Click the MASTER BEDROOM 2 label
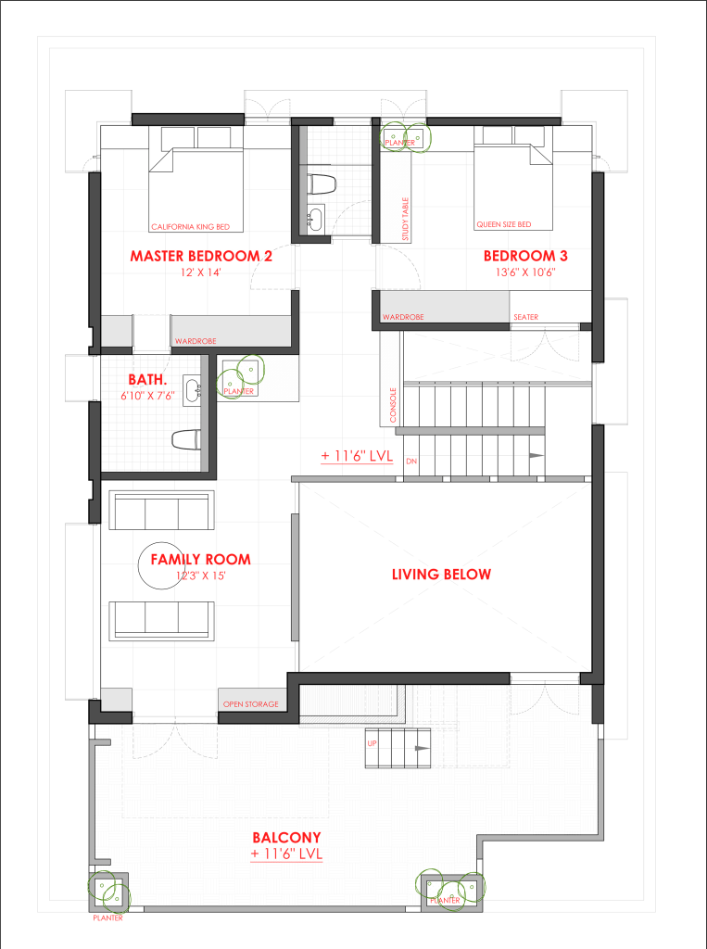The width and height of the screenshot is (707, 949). [201, 256]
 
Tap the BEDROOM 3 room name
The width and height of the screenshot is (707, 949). [525, 256]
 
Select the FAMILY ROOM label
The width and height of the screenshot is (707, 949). [200, 559]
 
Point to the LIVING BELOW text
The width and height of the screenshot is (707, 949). [441, 575]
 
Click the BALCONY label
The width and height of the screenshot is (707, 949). [286, 838]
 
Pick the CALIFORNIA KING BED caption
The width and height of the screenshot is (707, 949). [191, 227]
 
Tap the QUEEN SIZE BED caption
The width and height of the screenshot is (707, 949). [504, 224]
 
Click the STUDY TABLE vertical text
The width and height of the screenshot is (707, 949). [406, 219]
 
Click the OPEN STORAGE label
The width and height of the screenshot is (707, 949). [250, 704]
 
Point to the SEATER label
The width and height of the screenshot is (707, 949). [525, 317]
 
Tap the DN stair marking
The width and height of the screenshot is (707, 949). [411, 462]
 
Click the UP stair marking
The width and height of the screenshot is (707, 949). [372, 743]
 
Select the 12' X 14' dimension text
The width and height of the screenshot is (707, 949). [201, 272]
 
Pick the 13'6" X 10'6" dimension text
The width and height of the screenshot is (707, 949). [525, 272]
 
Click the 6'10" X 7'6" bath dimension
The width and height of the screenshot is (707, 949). [147, 396]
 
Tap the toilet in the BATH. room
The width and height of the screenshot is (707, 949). [186, 439]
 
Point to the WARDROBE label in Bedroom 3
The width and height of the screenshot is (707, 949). [403, 317]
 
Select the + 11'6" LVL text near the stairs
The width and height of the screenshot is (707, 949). [357, 456]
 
